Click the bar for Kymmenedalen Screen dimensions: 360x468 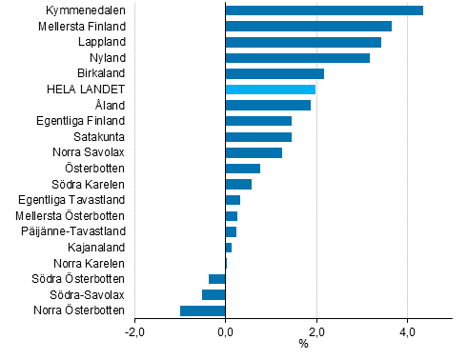(324, 10)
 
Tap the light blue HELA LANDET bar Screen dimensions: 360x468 (270, 90)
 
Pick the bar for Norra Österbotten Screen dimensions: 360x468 (203, 310)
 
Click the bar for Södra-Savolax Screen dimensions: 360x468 (214, 294)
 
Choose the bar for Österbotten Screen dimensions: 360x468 (242, 169)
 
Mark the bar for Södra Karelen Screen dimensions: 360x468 (238, 184)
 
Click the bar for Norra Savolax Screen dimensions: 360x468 (254, 152)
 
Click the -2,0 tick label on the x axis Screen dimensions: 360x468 (134, 332)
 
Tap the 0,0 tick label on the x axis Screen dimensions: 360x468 (226, 332)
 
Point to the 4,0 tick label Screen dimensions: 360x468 (407, 332)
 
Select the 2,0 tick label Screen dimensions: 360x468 (316, 332)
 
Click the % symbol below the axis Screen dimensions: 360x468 (303, 345)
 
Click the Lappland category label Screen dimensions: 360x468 (100, 42)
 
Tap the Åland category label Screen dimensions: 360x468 (110, 105)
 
